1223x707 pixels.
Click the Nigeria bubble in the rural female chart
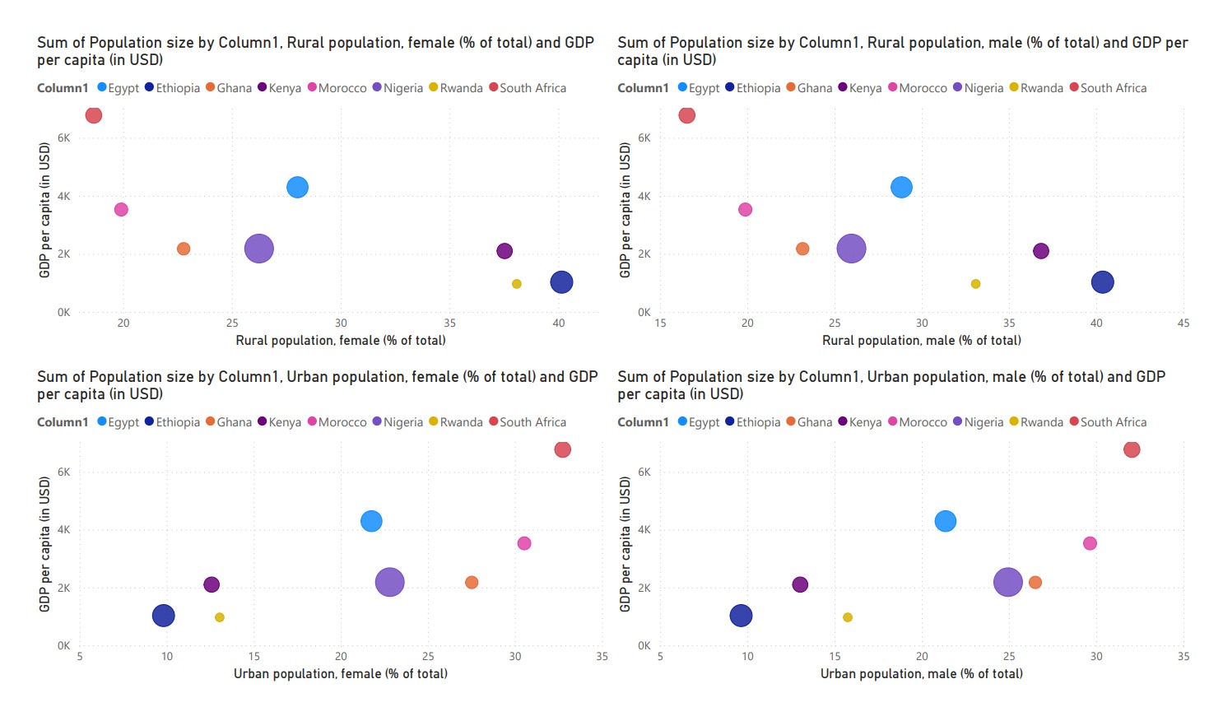[x=258, y=249]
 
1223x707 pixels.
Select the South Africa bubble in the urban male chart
[x=1132, y=449]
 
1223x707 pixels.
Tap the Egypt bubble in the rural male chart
[x=901, y=188]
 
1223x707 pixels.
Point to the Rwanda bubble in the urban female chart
[x=220, y=617]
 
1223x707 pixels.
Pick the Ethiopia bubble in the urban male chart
[x=741, y=616]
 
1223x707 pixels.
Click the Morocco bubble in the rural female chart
[x=121, y=210]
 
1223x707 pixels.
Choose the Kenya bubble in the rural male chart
[x=1041, y=251]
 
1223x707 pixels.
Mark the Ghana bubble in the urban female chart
[x=472, y=583]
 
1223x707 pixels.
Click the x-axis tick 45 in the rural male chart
[x=1183, y=323]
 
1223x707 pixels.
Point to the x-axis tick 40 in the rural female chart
[x=559, y=323]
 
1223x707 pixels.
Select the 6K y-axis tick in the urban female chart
[x=64, y=472]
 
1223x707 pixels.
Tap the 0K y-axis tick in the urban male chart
[x=644, y=646]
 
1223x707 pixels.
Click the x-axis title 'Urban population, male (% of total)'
[x=921, y=674]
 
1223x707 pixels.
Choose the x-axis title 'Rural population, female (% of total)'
[x=341, y=341]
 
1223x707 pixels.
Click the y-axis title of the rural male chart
[x=625, y=210]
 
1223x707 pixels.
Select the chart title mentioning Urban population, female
[x=317, y=385]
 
